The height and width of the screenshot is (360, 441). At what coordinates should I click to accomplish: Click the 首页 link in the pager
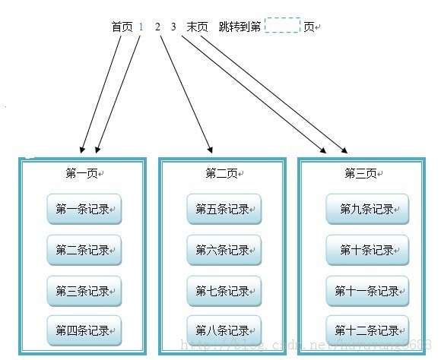[122, 27]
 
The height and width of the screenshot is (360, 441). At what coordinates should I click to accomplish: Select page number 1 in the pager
[141, 27]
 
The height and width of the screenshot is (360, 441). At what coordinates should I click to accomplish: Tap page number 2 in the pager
[158, 27]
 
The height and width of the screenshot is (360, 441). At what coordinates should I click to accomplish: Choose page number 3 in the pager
[173, 27]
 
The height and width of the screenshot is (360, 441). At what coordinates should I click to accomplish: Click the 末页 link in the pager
[197, 27]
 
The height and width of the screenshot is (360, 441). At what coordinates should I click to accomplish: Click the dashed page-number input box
[282, 26]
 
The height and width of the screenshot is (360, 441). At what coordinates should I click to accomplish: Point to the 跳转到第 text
[240, 27]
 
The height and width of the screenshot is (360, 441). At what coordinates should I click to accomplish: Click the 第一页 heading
[81, 173]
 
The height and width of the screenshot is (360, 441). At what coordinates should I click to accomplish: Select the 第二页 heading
[221, 173]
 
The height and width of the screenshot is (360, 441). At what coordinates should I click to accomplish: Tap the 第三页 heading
[360, 173]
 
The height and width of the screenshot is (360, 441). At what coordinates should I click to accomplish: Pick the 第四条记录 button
[84, 330]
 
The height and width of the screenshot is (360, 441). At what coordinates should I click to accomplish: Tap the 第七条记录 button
[224, 290]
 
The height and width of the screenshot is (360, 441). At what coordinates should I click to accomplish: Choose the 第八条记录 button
[224, 330]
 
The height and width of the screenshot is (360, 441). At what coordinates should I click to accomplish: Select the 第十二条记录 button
[367, 330]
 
